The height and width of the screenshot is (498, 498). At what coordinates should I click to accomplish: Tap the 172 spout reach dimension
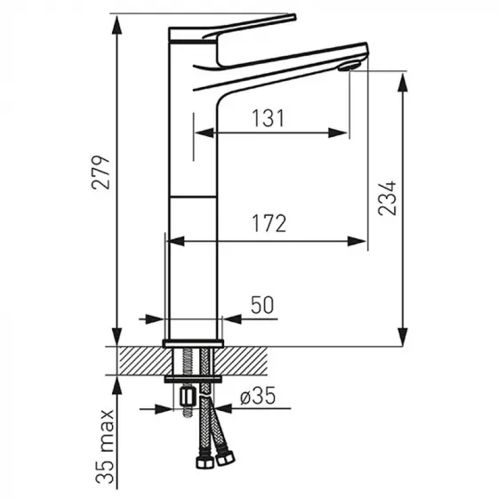point(268,223)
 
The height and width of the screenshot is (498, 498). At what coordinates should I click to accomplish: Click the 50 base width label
point(261,305)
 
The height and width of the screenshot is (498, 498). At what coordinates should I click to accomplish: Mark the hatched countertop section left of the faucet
point(138,360)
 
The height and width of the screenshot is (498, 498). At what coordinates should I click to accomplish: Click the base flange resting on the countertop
point(193,341)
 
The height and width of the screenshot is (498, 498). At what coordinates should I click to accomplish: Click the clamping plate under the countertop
point(193,379)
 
